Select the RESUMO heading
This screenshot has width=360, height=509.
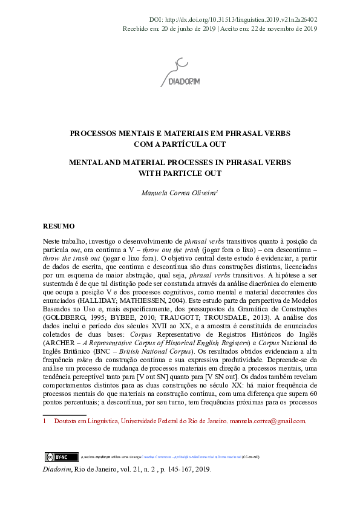(x=58, y=226)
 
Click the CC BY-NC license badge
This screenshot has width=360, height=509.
(x=53, y=457)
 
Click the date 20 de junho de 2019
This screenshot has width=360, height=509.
(x=185, y=28)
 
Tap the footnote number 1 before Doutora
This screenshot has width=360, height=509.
(x=45, y=421)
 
